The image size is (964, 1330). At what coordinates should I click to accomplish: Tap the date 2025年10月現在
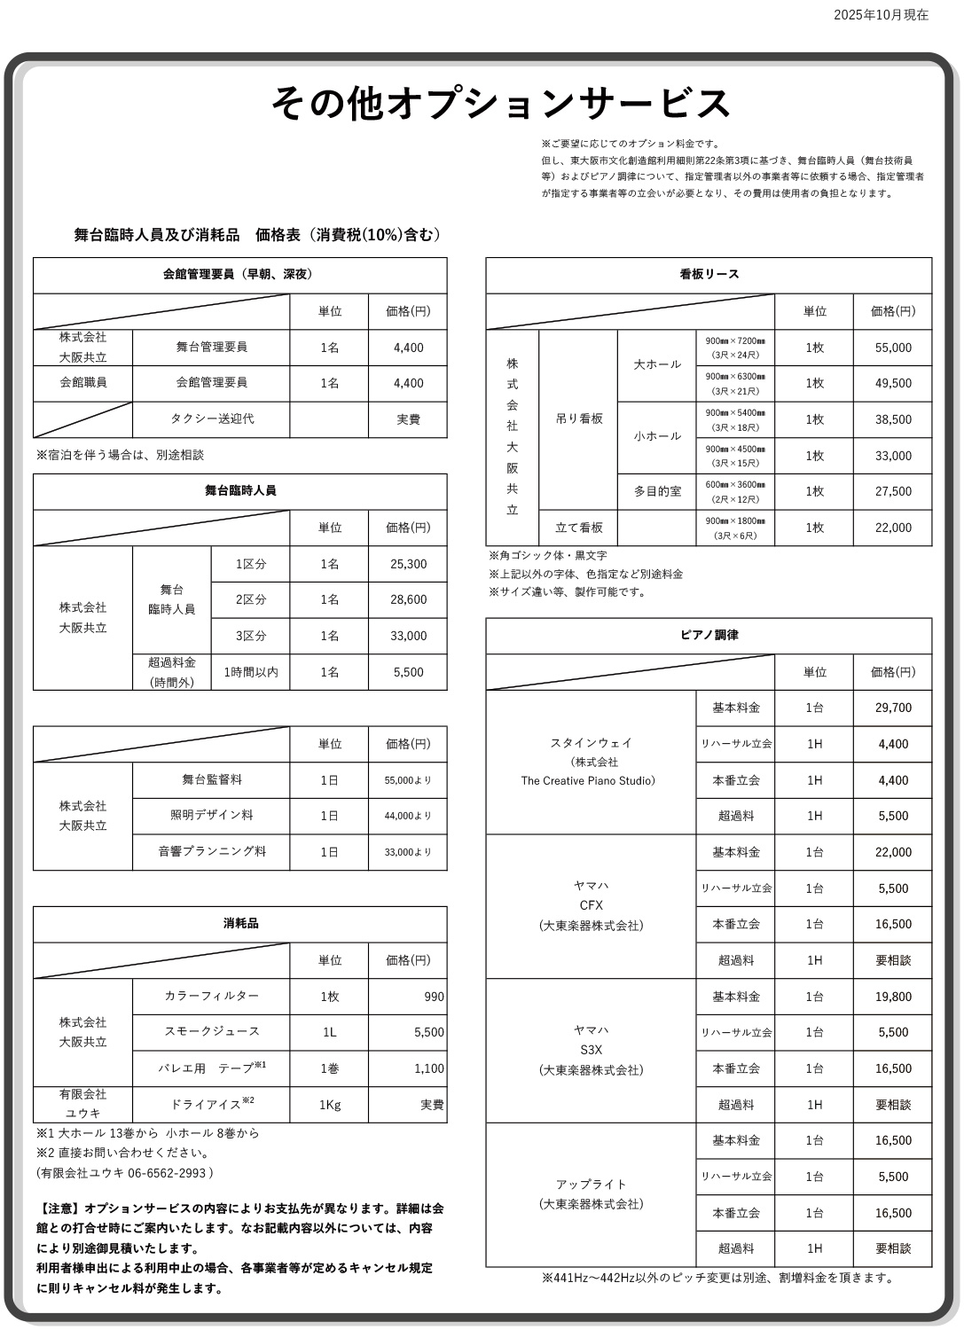pyautogui.click(x=880, y=15)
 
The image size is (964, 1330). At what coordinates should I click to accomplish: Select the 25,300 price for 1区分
pyautogui.click(x=408, y=564)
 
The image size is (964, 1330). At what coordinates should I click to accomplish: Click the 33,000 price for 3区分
pyautogui.click(x=408, y=636)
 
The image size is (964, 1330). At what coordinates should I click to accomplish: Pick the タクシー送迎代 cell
pyautogui.click(x=211, y=419)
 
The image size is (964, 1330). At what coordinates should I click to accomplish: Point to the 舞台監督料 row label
pyautogui.click(x=211, y=779)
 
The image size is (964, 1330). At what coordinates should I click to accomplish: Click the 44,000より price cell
pyautogui.click(x=408, y=816)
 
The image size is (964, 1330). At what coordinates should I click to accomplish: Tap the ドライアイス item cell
pyautogui.click(x=211, y=1105)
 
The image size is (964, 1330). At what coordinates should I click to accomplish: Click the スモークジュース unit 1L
pyautogui.click(x=329, y=1032)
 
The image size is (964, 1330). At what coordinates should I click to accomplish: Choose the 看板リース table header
pyautogui.click(x=709, y=275)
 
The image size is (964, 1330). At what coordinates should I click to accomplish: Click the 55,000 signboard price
pyautogui.click(x=892, y=348)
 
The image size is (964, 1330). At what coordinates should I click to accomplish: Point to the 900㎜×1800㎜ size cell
pyautogui.click(x=735, y=528)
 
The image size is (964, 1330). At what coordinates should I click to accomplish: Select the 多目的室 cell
pyautogui.click(x=657, y=491)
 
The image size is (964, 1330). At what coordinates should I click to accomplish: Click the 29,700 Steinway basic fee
pyautogui.click(x=892, y=708)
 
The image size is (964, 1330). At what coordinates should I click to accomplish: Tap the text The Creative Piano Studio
pyautogui.click(x=588, y=781)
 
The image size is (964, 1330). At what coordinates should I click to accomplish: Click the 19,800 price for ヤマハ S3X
pyautogui.click(x=892, y=997)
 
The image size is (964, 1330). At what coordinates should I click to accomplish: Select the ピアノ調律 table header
pyautogui.click(x=709, y=636)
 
